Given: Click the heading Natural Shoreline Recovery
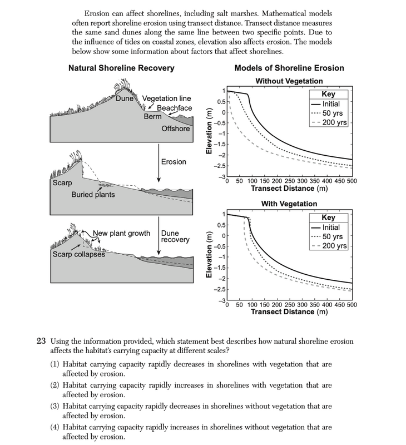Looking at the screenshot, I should click(121, 68).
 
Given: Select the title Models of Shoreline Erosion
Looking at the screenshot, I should click(289, 68).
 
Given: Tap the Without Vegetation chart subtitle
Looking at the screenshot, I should click(289, 81).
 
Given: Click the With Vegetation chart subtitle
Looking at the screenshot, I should click(289, 204).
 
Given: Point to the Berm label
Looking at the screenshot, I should click(152, 117).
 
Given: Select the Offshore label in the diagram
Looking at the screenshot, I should click(175, 129).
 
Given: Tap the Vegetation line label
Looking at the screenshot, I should click(167, 98).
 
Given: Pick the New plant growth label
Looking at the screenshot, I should click(121, 233).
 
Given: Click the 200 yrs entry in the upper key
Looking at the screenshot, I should click(333, 122).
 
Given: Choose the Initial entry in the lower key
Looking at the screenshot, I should click(331, 228).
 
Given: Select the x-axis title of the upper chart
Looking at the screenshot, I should click(289, 188).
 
